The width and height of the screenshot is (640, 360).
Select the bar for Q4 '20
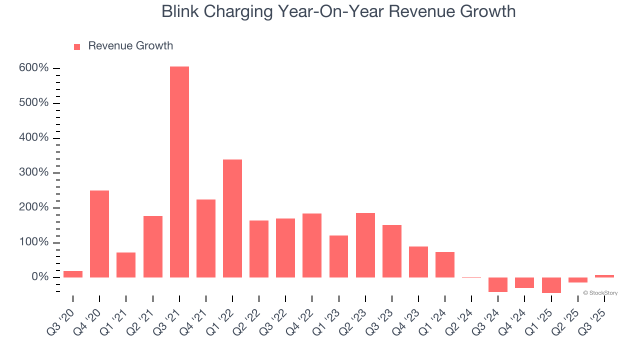click(99, 233)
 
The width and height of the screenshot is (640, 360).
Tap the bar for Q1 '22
click(232, 218)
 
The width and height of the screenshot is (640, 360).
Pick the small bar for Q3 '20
click(73, 274)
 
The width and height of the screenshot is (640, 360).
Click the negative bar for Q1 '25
click(551, 285)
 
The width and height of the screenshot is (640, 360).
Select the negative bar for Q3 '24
click(498, 284)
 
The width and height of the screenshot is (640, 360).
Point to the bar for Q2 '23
click(365, 245)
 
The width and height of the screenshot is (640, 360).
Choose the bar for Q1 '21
click(126, 265)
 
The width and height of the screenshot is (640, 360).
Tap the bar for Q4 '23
click(418, 261)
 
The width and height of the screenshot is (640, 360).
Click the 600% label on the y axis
click(34, 68)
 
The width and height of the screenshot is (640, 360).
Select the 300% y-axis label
click(34, 172)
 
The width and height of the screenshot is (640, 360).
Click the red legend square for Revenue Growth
click(77, 46)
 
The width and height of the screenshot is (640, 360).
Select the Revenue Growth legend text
click(130, 46)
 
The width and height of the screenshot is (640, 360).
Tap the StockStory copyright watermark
click(600, 293)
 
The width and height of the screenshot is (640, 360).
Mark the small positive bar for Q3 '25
click(604, 276)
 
